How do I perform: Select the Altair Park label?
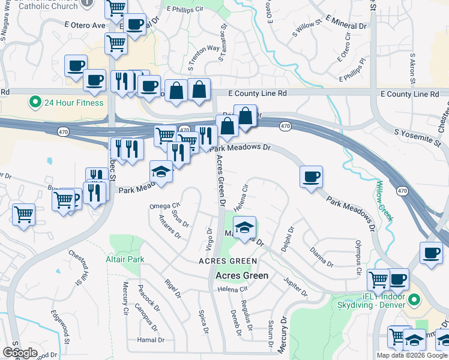pos(125,260)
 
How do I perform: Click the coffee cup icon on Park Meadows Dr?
pos(312,177)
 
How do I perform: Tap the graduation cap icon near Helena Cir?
pos(244,227)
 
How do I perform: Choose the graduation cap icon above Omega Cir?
pos(161,172)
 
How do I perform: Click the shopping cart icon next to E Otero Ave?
pos(116,43)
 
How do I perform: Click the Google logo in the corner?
pos(20,353)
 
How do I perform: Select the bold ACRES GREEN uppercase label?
pos(228,261)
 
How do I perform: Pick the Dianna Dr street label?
pos(322,257)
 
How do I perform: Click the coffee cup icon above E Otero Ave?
pos(135,25)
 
